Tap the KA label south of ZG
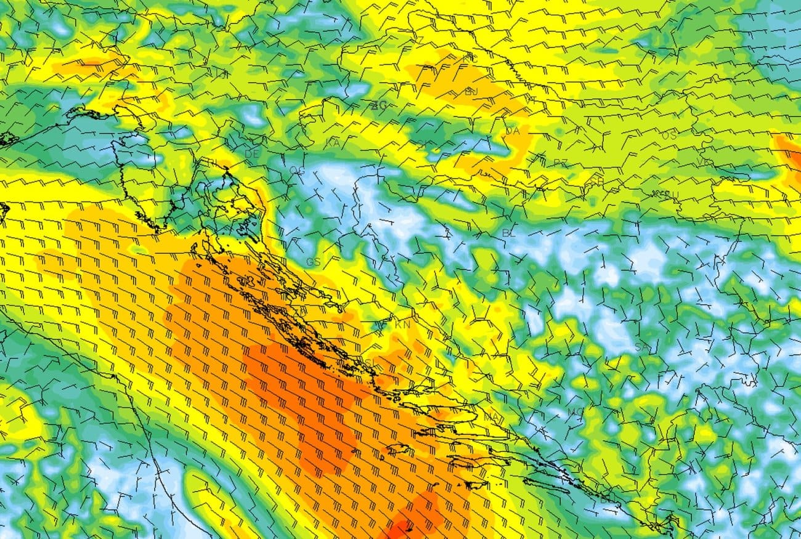coord(333,143)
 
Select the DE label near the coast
coord(251,154)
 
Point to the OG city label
coord(297,171)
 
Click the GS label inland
coord(313,262)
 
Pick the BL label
coord(509,233)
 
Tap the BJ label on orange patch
coord(471,91)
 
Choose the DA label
coord(513,131)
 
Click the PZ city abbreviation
coord(560,163)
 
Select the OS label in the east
coord(669,135)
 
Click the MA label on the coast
coord(491,418)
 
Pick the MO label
coord(575,411)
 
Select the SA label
coord(642,347)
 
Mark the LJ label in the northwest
coord(222,73)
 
